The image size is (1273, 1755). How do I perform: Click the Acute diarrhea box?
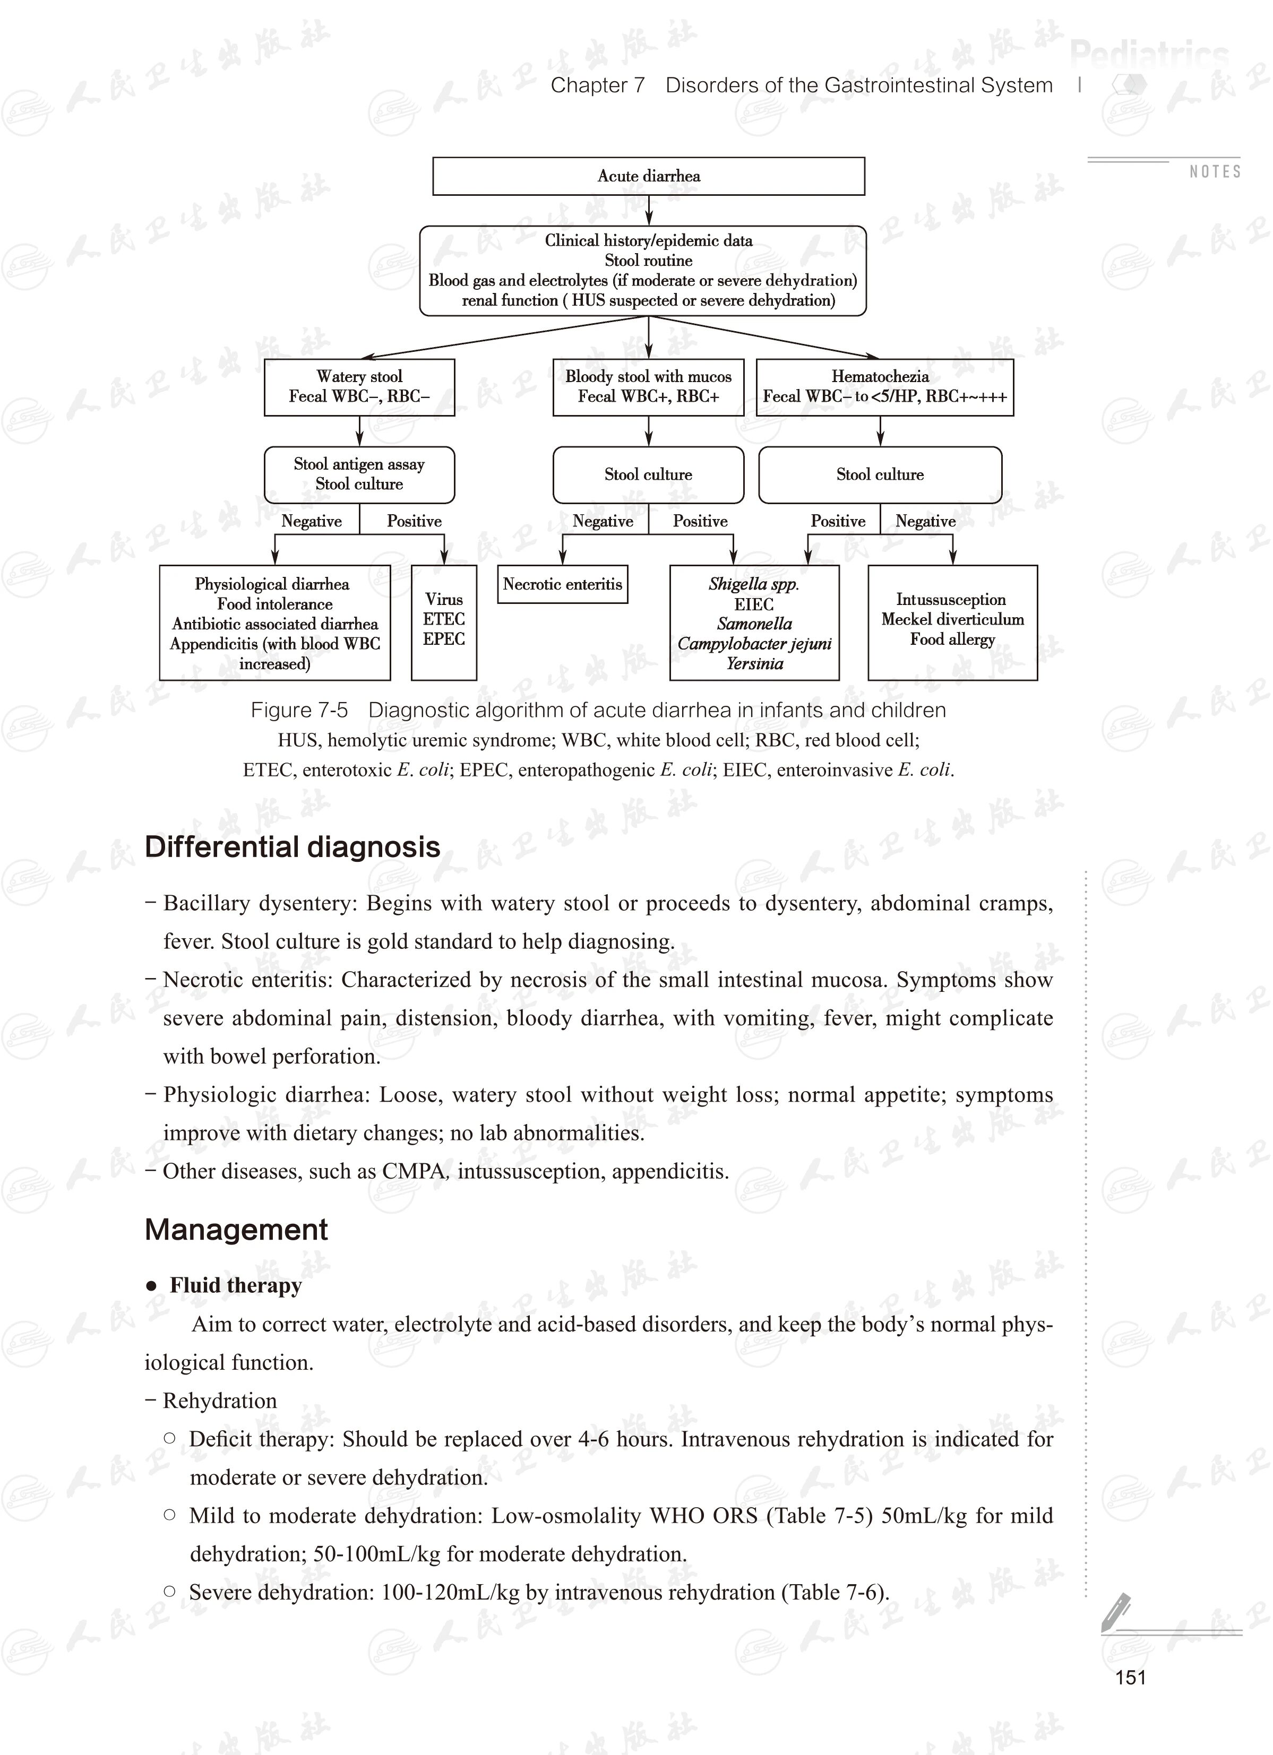pos(649,176)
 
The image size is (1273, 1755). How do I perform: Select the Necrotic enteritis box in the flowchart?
pos(563,584)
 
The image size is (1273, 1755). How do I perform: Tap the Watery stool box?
pos(359,387)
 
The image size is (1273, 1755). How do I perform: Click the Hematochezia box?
pos(884,387)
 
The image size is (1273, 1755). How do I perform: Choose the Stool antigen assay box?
pos(359,474)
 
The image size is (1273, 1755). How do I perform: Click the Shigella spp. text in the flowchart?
pos(754,584)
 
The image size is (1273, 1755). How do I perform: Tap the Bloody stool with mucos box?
pos(649,387)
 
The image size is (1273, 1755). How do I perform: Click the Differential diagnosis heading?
pos(293,848)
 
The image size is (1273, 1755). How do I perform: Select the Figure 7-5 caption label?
pos(299,711)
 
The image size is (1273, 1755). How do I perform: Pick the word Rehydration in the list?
pos(220,1400)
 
